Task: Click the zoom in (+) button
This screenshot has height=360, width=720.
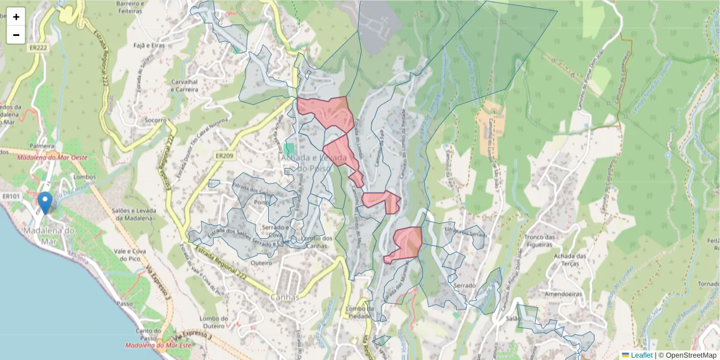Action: coord(16,17)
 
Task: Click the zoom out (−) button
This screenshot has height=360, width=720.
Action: coord(16,35)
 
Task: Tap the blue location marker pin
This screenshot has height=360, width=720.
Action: coord(45,202)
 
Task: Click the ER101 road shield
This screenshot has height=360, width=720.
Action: coord(11,196)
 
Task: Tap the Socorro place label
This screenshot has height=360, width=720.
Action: coord(155,120)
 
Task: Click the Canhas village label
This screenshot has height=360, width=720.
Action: coord(284,297)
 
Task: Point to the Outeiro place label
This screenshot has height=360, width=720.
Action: coord(261,262)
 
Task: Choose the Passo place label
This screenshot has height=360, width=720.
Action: coord(125,304)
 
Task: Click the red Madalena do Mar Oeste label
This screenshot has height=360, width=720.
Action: coord(53,158)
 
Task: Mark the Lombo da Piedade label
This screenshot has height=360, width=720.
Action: coord(359,313)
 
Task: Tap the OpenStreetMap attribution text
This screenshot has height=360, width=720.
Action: coord(691,355)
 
